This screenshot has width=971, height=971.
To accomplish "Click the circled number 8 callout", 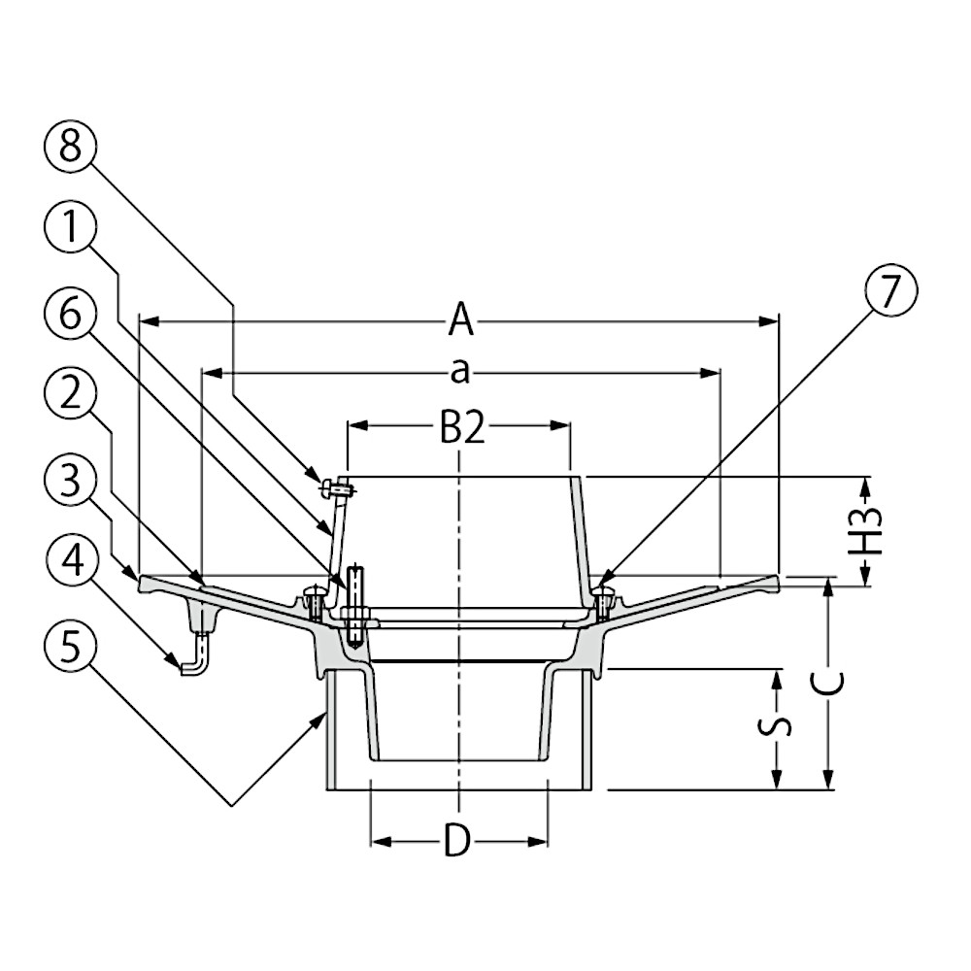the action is (x=71, y=148).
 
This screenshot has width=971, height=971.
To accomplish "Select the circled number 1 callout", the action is (x=71, y=228).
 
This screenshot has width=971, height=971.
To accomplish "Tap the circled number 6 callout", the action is (x=71, y=315).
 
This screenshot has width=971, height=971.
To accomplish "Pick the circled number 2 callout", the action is (x=71, y=394).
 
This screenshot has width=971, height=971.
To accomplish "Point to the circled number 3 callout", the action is (x=71, y=482).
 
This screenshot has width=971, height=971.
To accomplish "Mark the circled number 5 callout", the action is (x=71, y=648).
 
